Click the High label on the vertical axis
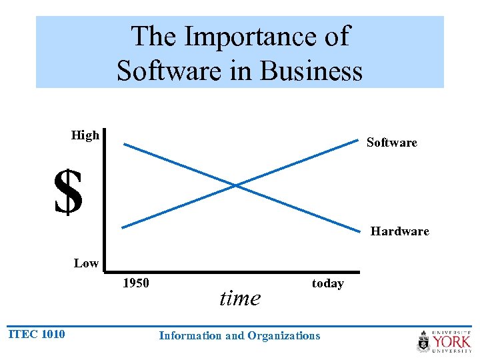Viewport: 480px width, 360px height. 85,135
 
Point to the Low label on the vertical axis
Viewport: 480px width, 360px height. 86,263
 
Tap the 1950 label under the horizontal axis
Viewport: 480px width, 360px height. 136,283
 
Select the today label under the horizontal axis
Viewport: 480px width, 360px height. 327,283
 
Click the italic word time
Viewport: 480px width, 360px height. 240,299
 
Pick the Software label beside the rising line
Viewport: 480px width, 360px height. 392,143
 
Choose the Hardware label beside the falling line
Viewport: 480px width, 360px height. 400,231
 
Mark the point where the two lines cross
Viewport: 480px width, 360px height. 235,185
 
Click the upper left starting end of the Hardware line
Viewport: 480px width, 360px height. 125,143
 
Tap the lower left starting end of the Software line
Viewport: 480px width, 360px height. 125,227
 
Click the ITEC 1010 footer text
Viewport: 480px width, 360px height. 37,334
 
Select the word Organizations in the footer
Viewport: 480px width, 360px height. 283,336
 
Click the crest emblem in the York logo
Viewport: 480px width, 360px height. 423,341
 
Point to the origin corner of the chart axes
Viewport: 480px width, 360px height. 105,271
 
